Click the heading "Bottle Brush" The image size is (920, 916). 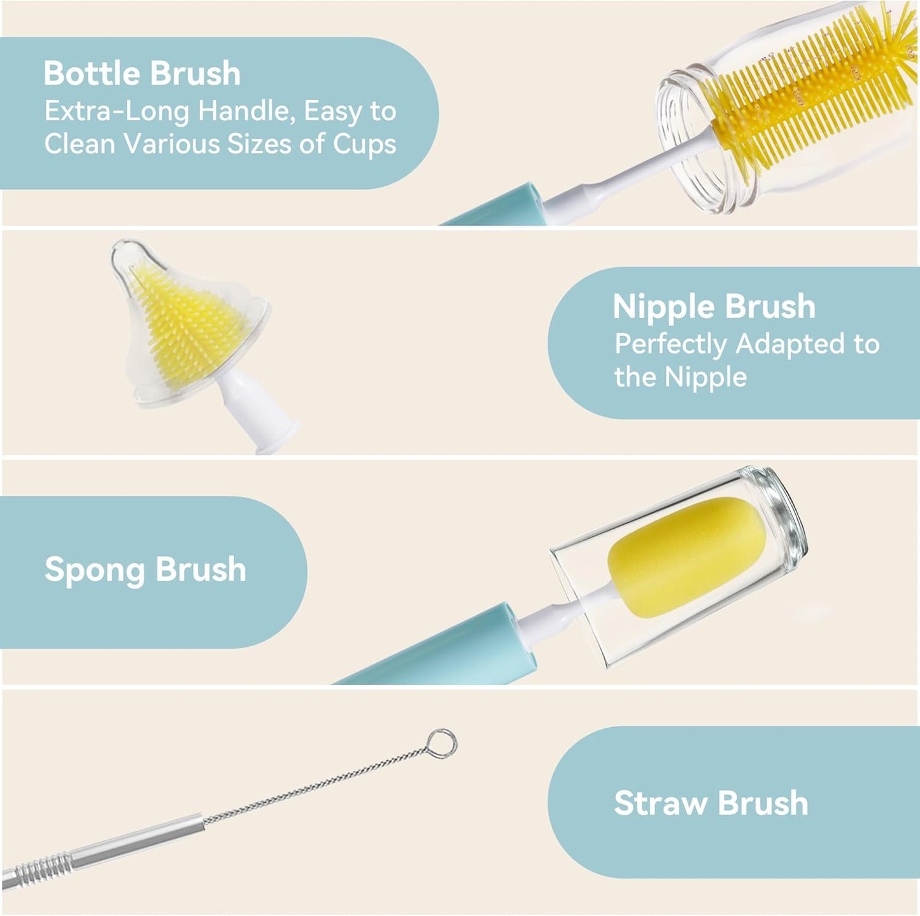[x=142, y=73]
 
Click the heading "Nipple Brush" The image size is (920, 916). [x=714, y=307]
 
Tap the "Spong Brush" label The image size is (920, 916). [x=145, y=569]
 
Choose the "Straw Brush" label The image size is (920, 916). [x=711, y=803]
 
